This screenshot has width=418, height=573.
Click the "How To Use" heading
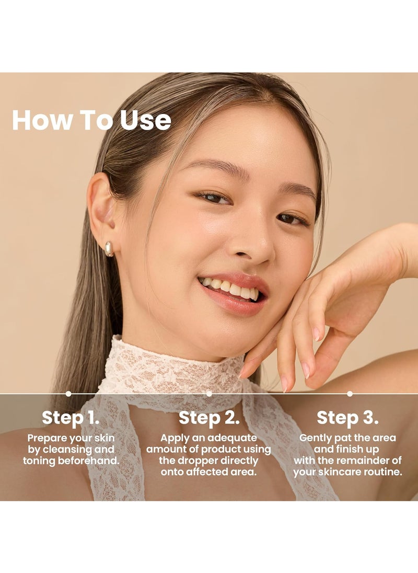[x=91, y=120]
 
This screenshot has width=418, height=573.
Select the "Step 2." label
[x=209, y=418]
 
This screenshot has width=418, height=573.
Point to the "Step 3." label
[x=347, y=418]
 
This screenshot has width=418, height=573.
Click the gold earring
[x=109, y=248]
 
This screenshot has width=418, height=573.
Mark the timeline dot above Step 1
[x=68, y=394]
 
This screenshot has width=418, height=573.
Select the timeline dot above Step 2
[x=209, y=394]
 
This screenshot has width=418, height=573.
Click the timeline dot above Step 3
[x=350, y=394]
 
